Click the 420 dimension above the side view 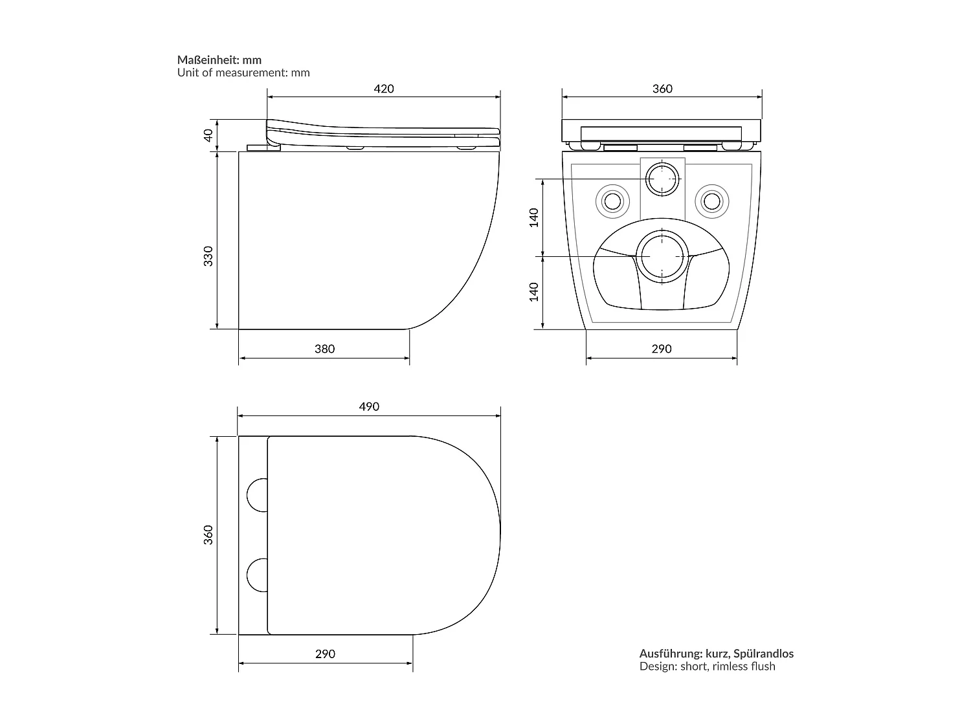point(384,89)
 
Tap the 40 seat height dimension point(208,135)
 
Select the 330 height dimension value point(208,256)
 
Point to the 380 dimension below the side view point(324,349)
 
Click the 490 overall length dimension point(369,406)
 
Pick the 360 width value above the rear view point(662,89)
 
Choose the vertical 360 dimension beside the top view point(208,535)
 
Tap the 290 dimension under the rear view point(661,349)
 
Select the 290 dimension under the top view point(325,654)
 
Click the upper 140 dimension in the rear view point(533,217)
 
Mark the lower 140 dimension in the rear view point(533,292)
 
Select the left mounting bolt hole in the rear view point(612,201)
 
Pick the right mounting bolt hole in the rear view point(711,201)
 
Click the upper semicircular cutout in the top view point(258,495)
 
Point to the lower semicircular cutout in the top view point(258,575)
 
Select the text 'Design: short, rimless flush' point(707,667)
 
